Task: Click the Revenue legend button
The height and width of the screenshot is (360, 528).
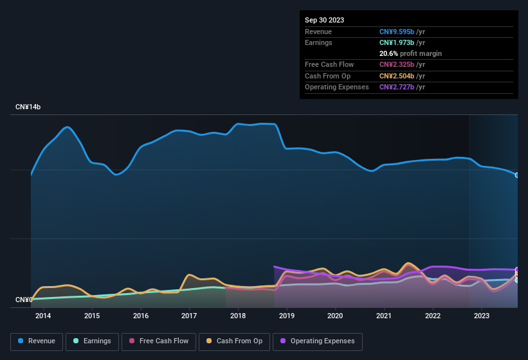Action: [x=37, y=341]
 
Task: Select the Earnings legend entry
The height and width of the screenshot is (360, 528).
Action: [x=93, y=341]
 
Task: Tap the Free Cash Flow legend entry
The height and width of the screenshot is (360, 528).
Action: [x=158, y=341]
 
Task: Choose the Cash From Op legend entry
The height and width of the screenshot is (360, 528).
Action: [x=234, y=341]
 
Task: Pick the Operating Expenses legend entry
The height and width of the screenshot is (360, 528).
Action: [x=318, y=341]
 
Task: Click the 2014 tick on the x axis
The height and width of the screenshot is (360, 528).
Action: [x=43, y=316]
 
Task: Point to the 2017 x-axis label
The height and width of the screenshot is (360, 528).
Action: [x=189, y=316]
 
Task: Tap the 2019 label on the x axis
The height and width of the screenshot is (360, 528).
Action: [x=287, y=316]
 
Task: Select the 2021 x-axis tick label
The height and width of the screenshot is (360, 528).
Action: [x=384, y=316]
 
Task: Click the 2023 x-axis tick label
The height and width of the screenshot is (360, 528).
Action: [x=481, y=316]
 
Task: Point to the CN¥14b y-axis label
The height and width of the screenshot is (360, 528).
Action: [x=28, y=107]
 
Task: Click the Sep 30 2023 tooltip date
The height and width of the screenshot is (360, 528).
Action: [x=324, y=20]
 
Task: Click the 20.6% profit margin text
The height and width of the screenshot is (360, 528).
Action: [x=410, y=53]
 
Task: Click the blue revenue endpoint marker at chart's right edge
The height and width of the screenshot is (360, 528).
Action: [x=517, y=175]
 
